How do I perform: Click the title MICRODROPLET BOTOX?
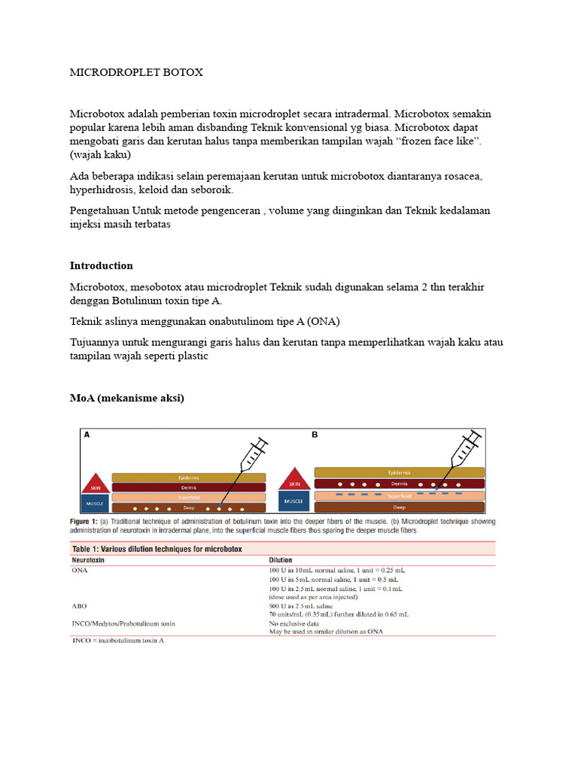pyautogui.click(x=136, y=73)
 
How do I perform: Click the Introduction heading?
pyautogui.click(x=101, y=265)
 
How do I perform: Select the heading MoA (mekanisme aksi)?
pyautogui.click(x=126, y=399)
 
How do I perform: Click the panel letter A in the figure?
pyautogui.click(x=87, y=435)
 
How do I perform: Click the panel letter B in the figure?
pyautogui.click(x=315, y=435)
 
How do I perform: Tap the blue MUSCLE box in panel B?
pyautogui.click(x=294, y=501)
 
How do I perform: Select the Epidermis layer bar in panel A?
pyautogui.click(x=187, y=477)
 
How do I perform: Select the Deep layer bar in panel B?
pyautogui.click(x=399, y=508)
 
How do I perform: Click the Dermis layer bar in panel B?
pyautogui.click(x=399, y=484)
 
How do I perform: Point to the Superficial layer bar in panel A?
pyautogui.click(x=187, y=497)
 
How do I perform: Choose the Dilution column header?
pyautogui.click(x=281, y=560)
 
